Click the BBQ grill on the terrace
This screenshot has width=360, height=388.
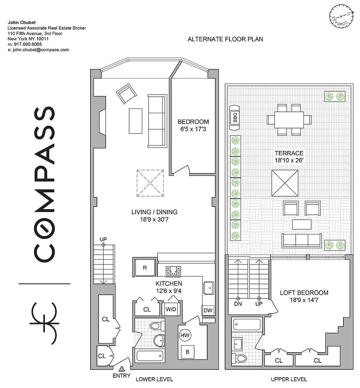click(235, 118)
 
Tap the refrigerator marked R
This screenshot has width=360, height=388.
click(145, 267)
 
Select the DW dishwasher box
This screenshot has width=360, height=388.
click(208, 310)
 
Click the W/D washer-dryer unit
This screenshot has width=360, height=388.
click(171, 309)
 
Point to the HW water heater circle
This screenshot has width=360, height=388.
click(185, 335)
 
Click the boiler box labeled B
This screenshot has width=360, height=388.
click(187, 352)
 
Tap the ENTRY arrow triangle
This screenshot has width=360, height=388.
click(121, 369)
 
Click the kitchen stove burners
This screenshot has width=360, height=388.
click(173, 270)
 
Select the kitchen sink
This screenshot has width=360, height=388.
click(209, 288)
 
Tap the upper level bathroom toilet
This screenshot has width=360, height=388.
click(239, 358)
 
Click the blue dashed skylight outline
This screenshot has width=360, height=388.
click(150, 183)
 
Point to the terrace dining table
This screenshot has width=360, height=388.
click(289, 120)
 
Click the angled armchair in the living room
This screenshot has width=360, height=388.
click(127, 94)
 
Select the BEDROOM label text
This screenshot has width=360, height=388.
click(193, 122)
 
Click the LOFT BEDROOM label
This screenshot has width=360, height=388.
click(304, 293)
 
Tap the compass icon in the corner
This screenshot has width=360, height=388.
click(341, 16)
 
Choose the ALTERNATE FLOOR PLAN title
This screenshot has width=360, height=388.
click(225, 39)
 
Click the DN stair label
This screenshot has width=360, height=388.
click(238, 304)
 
